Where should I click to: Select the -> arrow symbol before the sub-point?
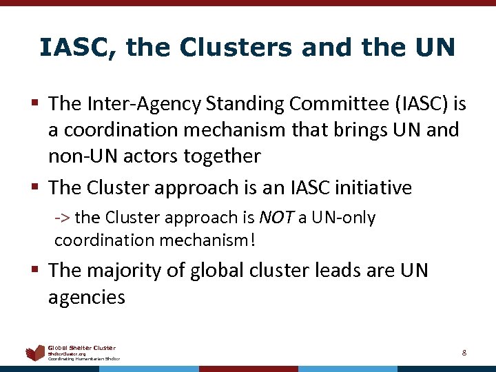[62, 218]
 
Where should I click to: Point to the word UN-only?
[342, 218]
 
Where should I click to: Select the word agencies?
[87, 297]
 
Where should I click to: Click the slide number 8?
[464, 353]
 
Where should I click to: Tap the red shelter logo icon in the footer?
[34, 353]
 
